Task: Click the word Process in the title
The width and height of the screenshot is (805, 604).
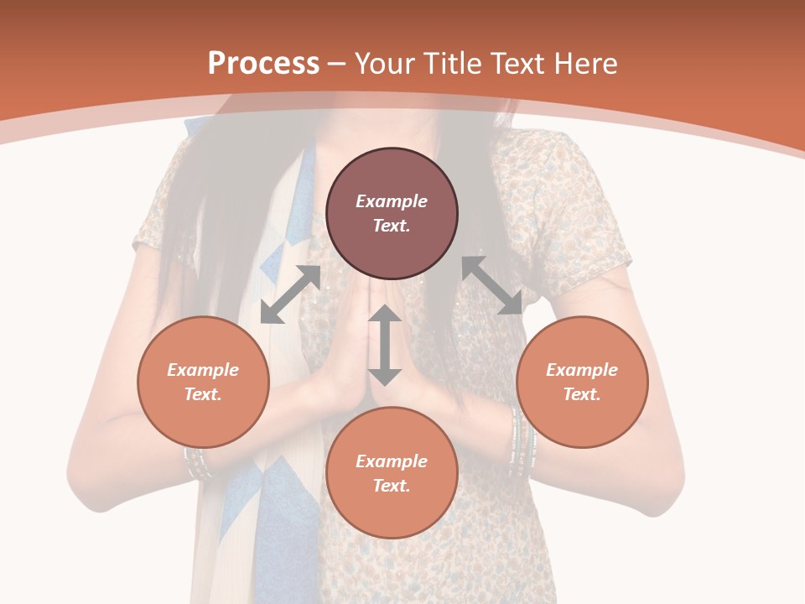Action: coord(263,64)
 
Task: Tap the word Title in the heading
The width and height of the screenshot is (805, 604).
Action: coord(450,64)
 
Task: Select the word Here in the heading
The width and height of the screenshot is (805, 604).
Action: coord(584,64)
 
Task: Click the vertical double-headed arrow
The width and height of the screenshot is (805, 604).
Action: coord(385,346)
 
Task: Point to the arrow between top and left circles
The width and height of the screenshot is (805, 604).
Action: coord(290,294)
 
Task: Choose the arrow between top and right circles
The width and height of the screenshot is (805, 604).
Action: coord(492,286)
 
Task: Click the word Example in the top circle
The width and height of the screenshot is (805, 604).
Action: coord(392,201)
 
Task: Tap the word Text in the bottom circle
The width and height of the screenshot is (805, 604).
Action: coord(391,486)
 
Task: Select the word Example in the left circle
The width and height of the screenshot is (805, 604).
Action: coord(203,370)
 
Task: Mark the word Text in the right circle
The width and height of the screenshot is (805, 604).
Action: coord(581,394)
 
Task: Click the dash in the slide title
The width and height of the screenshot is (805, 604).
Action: coord(337,64)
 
